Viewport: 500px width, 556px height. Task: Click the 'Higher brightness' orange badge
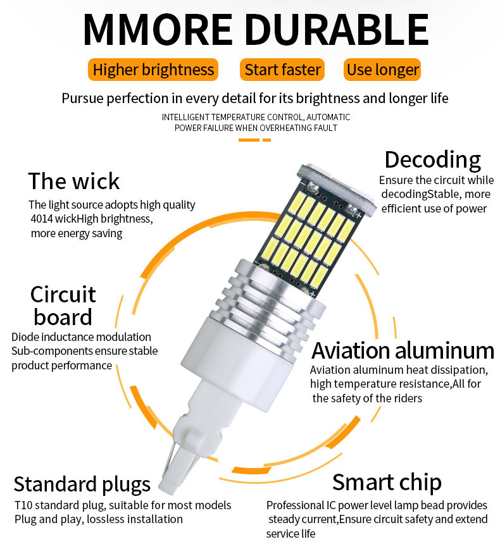tap(153, 70)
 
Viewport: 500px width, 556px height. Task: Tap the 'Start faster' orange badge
tap(282, 70)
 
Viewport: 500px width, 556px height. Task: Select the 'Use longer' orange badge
tap(382, 70)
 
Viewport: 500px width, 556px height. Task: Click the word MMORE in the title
tap(158, 30)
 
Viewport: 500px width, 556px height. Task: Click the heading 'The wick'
tap(74, 181)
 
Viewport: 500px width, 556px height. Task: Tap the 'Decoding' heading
tap(432, 160)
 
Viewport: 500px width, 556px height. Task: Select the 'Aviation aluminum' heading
tap(403, 350)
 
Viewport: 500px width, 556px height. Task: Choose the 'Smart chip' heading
tap(387, 483)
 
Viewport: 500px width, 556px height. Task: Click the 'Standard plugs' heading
tap(82, 485)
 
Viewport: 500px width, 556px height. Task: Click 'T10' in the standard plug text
tap(23, 505)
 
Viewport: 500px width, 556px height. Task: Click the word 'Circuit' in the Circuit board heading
tap(63, 294)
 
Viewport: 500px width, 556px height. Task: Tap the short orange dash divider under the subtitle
tap(254, 140)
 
